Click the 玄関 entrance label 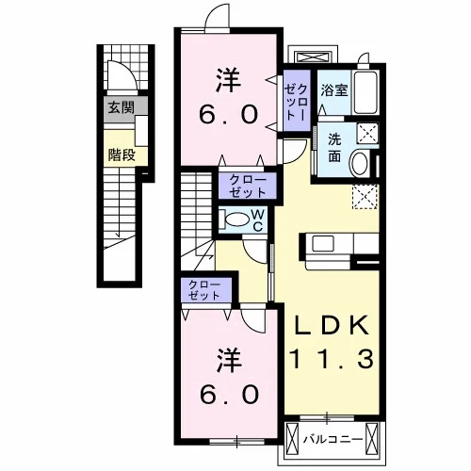(121, 107)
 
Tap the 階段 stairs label (122, 154)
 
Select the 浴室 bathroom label (334, 90)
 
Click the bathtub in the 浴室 (365, 92)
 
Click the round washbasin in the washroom (360, 164)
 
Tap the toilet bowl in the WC (237, 219)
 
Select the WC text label (258, 220)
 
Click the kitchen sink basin (323, 243)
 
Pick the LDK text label (332, 325)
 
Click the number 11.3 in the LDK (332, 359)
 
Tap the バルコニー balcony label (333, 439)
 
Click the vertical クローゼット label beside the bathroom (296, 102)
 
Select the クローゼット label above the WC (248, 186)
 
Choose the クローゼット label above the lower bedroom (204, 290)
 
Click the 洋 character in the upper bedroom (228, 81)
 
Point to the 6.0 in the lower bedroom (230, 395)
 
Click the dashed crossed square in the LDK (365, 197)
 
